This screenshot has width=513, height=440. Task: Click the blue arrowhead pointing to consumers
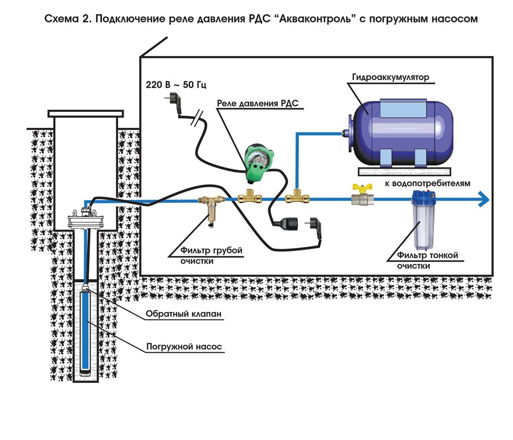pos(484,199)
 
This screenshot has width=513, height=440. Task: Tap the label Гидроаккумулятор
pos(390,77)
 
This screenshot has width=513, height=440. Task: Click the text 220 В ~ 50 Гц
pos(175,85)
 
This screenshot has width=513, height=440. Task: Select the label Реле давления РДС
pos(258,103)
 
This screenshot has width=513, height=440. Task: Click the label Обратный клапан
pos(184,314)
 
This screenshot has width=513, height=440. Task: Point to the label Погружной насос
pos(184,347)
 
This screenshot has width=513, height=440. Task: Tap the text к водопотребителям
pos(427,183)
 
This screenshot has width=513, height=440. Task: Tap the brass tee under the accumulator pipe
pos(297,197)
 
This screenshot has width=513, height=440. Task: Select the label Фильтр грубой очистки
pos(211,256)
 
